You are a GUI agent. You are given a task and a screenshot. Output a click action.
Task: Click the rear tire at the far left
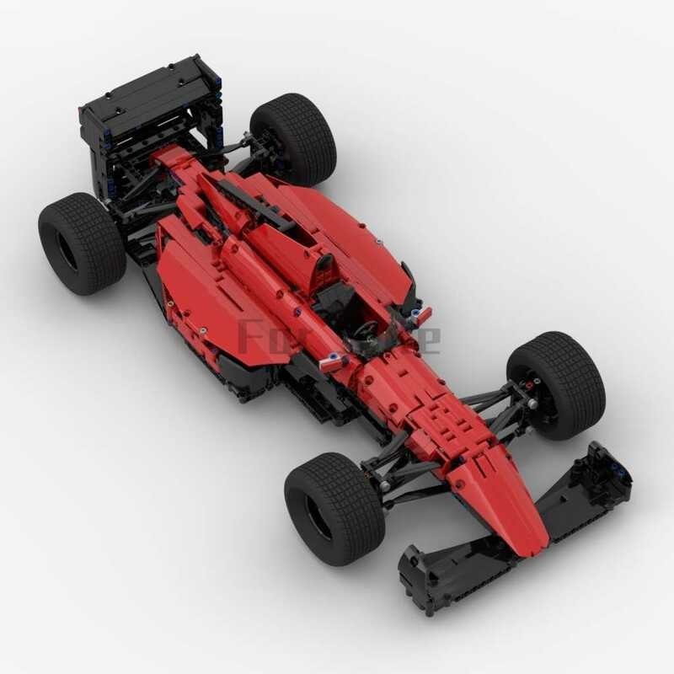(82, 243)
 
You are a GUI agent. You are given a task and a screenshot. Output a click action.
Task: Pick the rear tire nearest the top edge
(294, 137)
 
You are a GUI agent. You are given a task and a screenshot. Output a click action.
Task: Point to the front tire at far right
(557, 383)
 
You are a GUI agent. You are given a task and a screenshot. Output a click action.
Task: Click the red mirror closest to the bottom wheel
(332, 360)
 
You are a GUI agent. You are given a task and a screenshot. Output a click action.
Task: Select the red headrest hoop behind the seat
(322, 271)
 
